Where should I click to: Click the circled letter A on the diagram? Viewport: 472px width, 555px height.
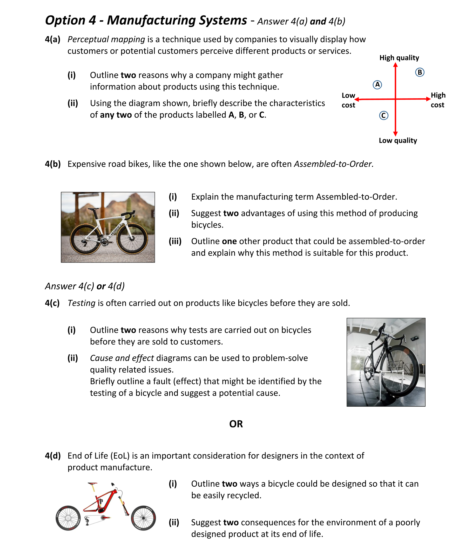[377, 85]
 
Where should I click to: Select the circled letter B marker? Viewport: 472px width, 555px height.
[420, 72]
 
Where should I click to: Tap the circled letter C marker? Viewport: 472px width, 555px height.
[384, 115]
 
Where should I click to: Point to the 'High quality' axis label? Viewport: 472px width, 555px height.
[399, 58]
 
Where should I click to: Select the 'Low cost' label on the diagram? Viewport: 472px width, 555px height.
[348, 100]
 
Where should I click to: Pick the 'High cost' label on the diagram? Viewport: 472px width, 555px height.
[438, 100]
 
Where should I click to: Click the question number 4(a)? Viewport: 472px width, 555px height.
[52, 39]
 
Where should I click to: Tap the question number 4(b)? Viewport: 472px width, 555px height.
[53, 164]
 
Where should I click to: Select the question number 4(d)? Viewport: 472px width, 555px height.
[53, 456]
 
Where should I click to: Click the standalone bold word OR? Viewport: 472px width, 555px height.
[236, 424]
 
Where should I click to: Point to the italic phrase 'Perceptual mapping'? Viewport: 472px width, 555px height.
[106, 39]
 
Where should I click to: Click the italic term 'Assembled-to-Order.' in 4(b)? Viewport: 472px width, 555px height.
[333, 164]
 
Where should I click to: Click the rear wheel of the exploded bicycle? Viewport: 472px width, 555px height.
[68, 518]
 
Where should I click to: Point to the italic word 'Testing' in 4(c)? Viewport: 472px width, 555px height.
[81, 303]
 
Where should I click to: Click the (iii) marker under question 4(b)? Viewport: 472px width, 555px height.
[175, 241]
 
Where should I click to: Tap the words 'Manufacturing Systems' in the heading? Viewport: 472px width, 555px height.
[177, 20]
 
